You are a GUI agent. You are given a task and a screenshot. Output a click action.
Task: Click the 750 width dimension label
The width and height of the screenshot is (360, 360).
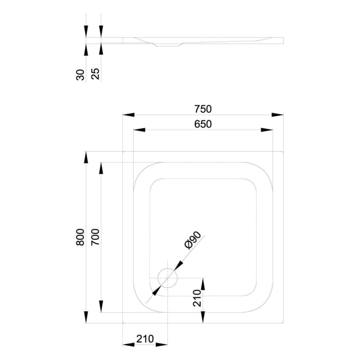(203, 109)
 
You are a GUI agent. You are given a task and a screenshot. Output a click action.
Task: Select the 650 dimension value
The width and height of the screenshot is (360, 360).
(203, 124)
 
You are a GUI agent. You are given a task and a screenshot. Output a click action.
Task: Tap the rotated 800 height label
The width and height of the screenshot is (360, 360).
(80, 237)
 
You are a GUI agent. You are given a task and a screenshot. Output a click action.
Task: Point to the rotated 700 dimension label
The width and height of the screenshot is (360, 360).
(95, 237)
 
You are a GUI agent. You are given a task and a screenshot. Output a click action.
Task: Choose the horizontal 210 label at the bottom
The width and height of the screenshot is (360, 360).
(146, 339)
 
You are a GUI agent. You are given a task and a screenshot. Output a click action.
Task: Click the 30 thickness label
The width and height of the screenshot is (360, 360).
(80, 75)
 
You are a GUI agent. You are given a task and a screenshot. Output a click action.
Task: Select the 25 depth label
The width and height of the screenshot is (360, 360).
(95, 75)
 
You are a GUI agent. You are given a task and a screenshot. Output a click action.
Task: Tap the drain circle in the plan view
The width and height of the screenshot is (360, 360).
(167, 278)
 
